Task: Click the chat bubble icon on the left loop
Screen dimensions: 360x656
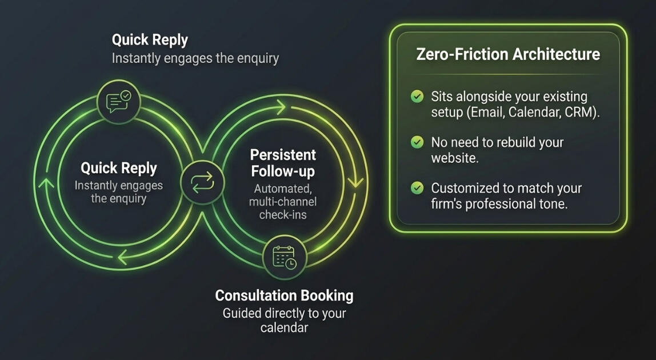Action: (118, 102)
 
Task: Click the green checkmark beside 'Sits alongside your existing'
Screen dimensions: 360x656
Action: (417, 97)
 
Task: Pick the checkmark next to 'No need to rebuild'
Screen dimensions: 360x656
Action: (417, 142)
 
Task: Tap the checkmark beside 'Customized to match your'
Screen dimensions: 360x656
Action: (417, 187)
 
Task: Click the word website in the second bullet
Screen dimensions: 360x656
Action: (454, 158)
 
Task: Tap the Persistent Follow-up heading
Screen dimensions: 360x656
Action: (283, 163)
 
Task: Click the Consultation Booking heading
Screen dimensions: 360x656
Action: (284, 295)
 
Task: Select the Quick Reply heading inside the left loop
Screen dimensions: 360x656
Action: (118, 168)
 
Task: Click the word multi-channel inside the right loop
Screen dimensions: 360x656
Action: (283, 201)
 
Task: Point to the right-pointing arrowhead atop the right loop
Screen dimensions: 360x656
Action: (280, 105)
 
